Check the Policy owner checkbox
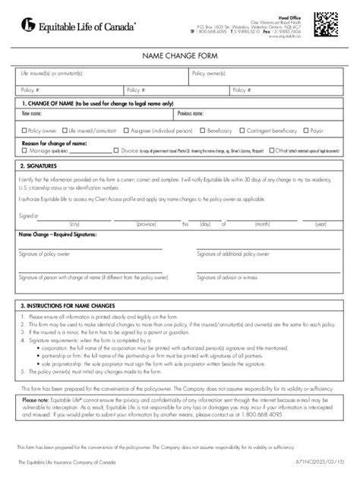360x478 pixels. [24, 130]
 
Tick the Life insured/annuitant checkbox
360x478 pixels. [65, 130]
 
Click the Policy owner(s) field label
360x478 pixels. [212, 73]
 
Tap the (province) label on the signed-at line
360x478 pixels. [146, 225]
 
